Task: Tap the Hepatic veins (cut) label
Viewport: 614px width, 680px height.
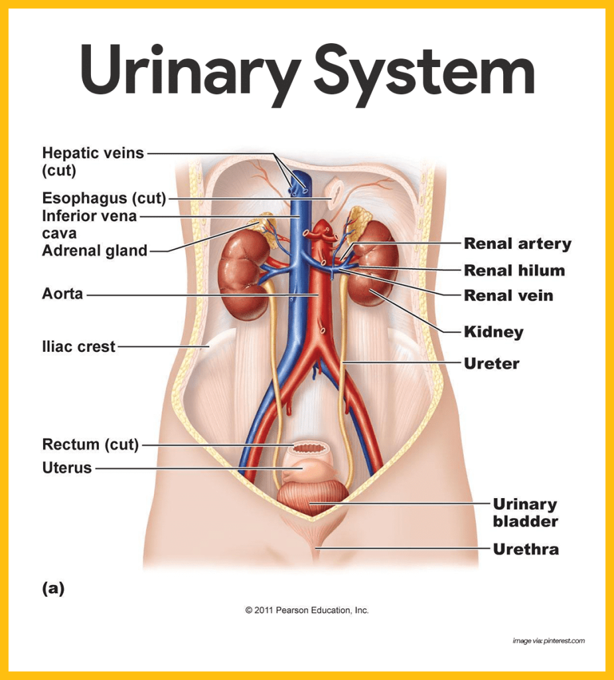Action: coord(92,161)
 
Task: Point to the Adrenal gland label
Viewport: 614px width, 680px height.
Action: coord(94,251)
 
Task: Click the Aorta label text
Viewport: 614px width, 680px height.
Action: coord(62,294)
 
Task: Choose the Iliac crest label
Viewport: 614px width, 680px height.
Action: coord(78,347)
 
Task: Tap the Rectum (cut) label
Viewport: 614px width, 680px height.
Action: coord(90,444)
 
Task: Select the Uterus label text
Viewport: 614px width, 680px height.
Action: coord(66,468)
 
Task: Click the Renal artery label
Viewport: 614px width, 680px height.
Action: coord(517,244)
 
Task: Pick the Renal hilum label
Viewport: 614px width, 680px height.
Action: coord(514,270)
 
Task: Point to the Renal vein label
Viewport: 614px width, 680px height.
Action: coord(508,296)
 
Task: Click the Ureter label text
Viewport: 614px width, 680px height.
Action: coord(491,363)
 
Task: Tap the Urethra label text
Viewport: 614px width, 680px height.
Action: coord(525,549)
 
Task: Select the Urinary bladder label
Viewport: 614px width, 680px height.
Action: coord(524,513)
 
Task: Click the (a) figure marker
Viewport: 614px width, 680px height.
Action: coord(53,588)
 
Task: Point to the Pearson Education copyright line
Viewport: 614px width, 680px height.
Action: coord(307,610)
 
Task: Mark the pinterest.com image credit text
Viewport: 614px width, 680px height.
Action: coord(548,641)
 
